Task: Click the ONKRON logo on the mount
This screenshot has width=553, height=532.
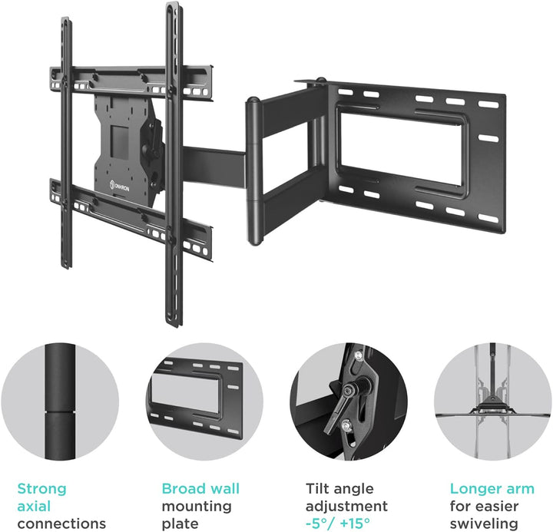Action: (120, 186)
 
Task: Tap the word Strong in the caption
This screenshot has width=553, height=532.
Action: (41, 489)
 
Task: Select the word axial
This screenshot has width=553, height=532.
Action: (34, 506)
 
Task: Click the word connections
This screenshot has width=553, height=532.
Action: (61, 524)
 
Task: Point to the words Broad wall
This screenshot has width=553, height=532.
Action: (200, 489)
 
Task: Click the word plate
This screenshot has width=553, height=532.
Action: (180, 524)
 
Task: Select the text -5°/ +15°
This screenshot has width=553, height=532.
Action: (337, 524)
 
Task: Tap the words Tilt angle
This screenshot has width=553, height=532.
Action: (339, 489)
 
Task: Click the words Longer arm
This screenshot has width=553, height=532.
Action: (492, 489)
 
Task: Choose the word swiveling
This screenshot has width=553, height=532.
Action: (484, 524)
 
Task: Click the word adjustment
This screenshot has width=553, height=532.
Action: (346, 507)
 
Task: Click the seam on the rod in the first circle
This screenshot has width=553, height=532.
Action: (60, 411)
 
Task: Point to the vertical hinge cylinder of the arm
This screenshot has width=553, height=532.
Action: (254, 171)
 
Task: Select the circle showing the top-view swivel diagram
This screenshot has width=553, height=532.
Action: (493, 402)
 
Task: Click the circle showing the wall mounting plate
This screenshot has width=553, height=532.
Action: (204, 402)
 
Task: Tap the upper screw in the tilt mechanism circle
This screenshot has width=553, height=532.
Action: (359, 354)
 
